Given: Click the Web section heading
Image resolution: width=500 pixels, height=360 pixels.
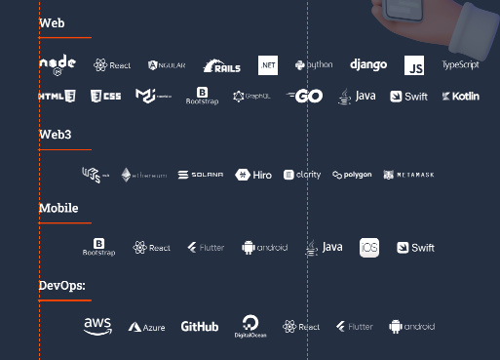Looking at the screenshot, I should [52, 22].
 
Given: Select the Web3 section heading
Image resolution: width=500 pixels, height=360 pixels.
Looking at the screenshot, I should [55, 135].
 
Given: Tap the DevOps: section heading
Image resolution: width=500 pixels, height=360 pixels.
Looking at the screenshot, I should [62, 286].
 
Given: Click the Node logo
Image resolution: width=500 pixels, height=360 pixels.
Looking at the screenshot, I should [58, 65].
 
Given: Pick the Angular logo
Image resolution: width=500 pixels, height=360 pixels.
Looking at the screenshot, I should [167, 65].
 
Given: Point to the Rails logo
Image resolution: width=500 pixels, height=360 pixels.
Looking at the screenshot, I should [221, 66].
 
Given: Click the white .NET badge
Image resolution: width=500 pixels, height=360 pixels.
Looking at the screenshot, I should [268, 65].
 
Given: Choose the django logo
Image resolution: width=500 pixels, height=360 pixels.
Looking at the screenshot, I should [368, 64].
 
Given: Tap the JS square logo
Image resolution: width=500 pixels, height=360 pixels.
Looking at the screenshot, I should [414, 66].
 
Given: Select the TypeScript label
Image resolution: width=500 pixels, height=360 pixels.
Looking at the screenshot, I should [460, 65].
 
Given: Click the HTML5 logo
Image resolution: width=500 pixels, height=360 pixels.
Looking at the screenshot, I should [58, 97].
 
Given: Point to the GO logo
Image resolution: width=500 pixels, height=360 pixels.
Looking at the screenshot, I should [304, 97].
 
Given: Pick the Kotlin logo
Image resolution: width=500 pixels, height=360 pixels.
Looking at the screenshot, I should [460, 97].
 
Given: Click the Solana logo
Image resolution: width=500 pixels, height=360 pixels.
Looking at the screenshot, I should [201, 175].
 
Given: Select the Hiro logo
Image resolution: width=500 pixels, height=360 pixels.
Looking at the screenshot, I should [253, 175].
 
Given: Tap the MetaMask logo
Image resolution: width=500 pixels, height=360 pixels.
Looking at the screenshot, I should [409, 175].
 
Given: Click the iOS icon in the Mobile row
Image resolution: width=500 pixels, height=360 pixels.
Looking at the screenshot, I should [369, 248].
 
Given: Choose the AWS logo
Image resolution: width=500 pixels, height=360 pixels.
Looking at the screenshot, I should [97, 326].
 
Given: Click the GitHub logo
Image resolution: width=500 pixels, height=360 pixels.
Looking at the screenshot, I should [200, 327].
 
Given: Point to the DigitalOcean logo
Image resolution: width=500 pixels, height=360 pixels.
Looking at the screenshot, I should [250, 326].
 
